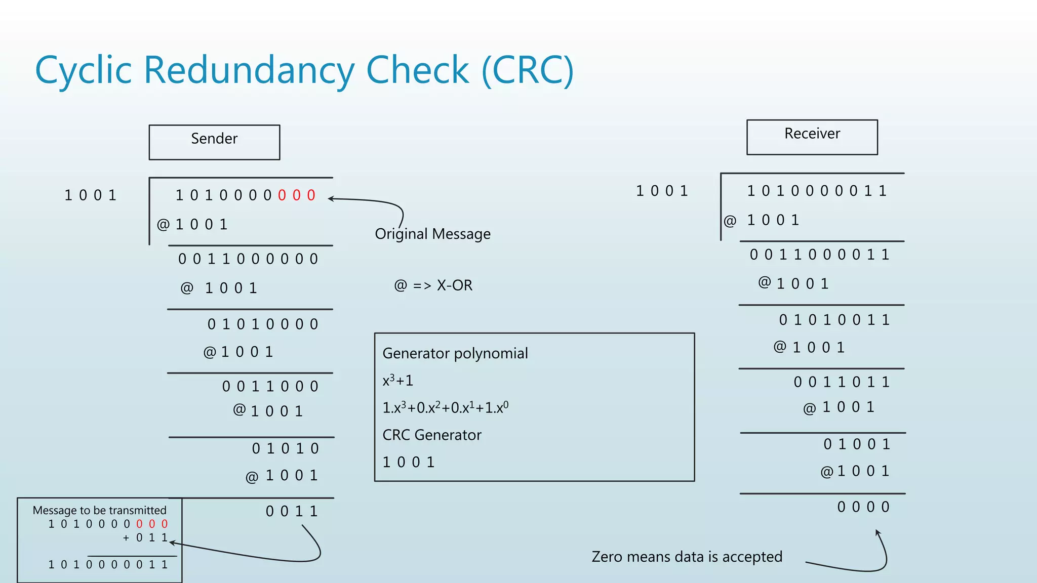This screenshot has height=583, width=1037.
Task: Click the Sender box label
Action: (214, 139)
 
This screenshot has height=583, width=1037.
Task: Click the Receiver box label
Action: (812, 134)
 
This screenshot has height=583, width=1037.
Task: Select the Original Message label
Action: (432, 234)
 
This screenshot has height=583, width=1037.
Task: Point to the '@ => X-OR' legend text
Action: (433, 285)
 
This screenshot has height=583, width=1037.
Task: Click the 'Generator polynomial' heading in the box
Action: (455, 353)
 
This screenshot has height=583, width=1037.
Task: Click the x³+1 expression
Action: (397, 380)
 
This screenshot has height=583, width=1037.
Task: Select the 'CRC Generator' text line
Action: (431, 435)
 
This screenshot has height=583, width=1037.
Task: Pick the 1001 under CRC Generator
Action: (408, 462)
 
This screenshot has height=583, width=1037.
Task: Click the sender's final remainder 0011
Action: (292, 511)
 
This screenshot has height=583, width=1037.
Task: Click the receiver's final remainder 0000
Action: (863, 507)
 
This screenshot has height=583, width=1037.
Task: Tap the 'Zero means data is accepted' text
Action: (687, 557)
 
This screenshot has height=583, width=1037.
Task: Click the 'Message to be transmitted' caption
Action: (99, 510)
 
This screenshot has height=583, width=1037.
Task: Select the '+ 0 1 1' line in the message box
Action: (145, 537)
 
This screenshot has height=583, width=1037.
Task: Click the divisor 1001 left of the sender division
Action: (90, 195)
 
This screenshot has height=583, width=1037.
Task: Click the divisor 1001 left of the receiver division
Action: (662, 191)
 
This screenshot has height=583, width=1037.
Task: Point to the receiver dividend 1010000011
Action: (816, 191)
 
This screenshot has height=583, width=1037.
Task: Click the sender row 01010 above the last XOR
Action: (285, 448)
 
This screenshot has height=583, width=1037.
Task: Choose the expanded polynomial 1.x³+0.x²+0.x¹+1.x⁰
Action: (445, 407)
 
